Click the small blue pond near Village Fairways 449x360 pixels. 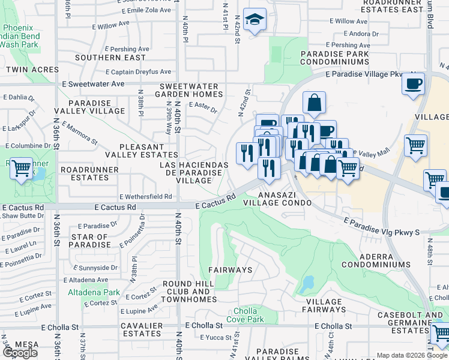click(x=309, y=282)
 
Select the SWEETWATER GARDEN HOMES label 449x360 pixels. click(x=189, y=89)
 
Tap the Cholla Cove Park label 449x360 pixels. click(x=245, y=316)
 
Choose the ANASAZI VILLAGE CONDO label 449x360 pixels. click(x=285, y=199)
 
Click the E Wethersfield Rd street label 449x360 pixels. click(x=146, y=196)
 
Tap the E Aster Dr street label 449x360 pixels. click(x=202, y=104)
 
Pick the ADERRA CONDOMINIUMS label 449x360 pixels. click(x=376, y=260)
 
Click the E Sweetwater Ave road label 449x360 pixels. click(x=96, y=84)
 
